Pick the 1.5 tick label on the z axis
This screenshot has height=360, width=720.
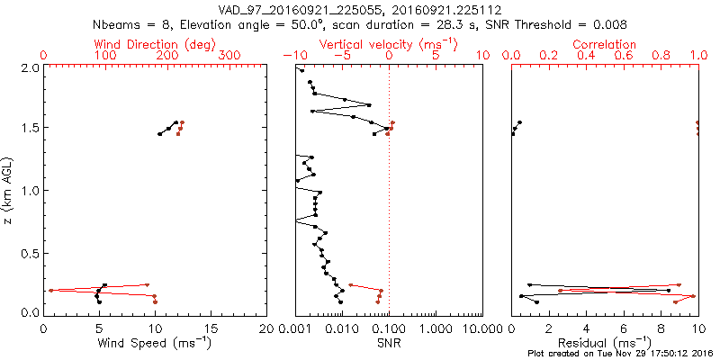click(x=30, y=129)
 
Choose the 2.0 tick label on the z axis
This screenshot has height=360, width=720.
click(x=30, y=67)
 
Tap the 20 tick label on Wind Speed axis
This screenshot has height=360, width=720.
click(x=266, y=328)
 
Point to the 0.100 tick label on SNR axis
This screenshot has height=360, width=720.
click(x=388, y=328)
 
